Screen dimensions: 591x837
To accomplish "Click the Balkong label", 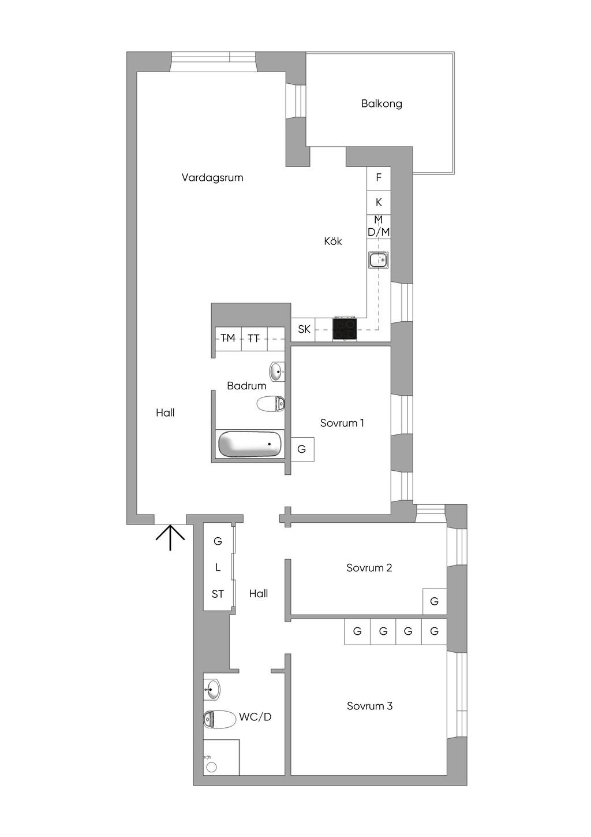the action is [x=381, y=103].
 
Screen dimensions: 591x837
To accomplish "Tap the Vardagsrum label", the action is [x=212, y=177].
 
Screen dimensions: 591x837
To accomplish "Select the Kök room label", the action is [x=332, y=241].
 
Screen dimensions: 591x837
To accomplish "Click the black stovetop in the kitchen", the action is [x=345, y=329].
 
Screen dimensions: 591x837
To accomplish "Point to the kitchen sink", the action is [x=379, y=260].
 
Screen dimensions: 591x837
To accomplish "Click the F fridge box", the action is [x=379, y=178].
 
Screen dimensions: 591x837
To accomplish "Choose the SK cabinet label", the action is [x=304, y=329].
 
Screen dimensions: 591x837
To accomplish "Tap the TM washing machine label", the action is [x=228, y=338].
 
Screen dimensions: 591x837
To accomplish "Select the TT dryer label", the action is [x=253, y=338].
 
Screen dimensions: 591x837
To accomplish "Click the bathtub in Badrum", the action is [x=250, y=444].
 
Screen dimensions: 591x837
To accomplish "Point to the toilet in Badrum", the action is [x=271, y=404].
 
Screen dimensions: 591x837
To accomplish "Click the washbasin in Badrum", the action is [x=277, y=371].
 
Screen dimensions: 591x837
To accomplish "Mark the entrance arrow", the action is [x=170, y=538].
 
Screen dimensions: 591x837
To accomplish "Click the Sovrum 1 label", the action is [x=342, y=423].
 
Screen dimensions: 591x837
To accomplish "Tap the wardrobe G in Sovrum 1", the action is [x=302, y=449].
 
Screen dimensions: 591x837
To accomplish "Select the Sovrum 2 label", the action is [x=369, y=568].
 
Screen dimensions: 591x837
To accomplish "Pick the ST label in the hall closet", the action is [x=218, y=594].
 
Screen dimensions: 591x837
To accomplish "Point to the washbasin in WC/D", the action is [x=212, y=689].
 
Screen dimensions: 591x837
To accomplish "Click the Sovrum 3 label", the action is [x=369, y=706].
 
